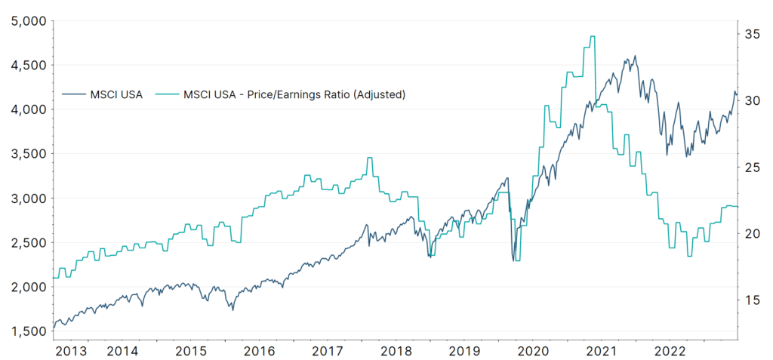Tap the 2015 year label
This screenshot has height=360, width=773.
[191, 351]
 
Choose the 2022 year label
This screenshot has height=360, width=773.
[670, 351]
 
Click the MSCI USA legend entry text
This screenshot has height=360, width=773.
[116, 94]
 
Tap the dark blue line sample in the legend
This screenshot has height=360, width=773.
[72, 94]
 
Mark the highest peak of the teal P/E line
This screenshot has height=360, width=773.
[592, 36]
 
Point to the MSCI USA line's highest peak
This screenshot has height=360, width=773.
[635, 56]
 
